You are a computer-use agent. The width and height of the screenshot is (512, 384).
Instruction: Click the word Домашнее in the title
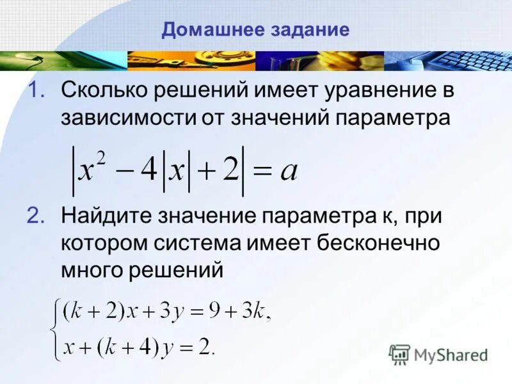[x=202, y=30]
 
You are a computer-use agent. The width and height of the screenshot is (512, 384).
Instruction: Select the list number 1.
[x=36, y=91]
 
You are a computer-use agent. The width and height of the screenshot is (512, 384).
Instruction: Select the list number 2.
[x=36, y=216]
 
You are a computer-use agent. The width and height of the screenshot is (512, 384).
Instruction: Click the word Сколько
[x=103, y=91]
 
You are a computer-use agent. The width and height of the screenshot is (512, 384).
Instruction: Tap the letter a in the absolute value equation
[x=289, y=172]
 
